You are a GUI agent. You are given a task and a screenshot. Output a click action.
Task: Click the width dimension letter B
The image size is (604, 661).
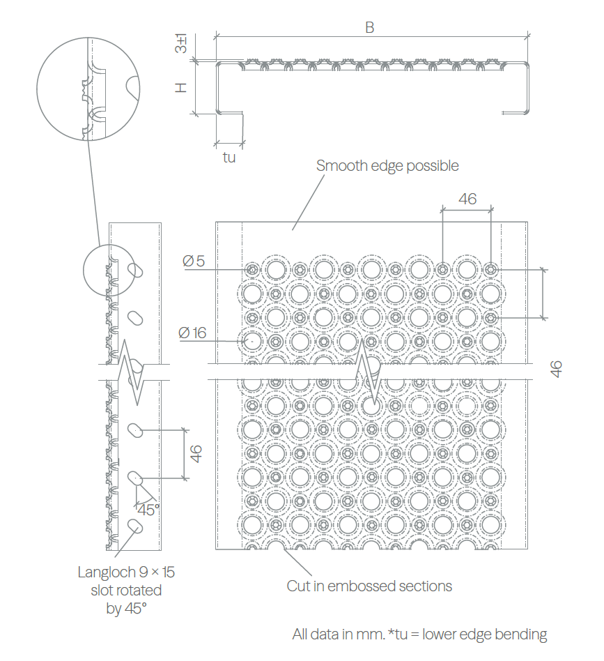(369, 27)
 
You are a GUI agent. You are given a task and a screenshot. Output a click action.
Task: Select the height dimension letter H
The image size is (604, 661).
(181, 87)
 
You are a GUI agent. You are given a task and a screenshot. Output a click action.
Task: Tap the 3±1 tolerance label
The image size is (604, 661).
(181, 43)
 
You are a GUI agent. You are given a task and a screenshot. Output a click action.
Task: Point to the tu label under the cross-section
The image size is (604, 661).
(229, 158)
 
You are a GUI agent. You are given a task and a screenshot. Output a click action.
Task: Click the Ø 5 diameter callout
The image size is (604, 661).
(194, 261)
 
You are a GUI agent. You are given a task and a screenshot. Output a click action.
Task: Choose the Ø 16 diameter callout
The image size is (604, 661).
(192, 333)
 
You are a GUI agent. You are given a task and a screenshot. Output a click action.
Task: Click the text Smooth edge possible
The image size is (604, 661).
(387, 166)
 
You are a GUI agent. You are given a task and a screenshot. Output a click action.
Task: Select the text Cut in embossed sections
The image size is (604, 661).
(369, 586)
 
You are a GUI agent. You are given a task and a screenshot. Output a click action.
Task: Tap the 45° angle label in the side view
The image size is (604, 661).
(148, 510)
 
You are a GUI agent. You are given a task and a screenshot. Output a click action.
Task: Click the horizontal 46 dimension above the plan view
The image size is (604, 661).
(467, 199)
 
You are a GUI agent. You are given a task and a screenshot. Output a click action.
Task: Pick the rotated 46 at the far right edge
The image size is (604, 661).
(556, 370)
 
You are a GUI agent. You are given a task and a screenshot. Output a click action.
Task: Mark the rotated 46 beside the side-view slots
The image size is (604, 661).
(196, 454)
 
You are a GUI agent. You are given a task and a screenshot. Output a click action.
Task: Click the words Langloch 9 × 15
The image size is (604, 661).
(126, 572)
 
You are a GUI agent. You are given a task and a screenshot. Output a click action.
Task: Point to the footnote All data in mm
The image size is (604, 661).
(339, 634)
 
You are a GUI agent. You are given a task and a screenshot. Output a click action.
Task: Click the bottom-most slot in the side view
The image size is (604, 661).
(135, 526)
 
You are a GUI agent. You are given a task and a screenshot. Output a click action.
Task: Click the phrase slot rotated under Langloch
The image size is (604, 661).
(126, 590)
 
